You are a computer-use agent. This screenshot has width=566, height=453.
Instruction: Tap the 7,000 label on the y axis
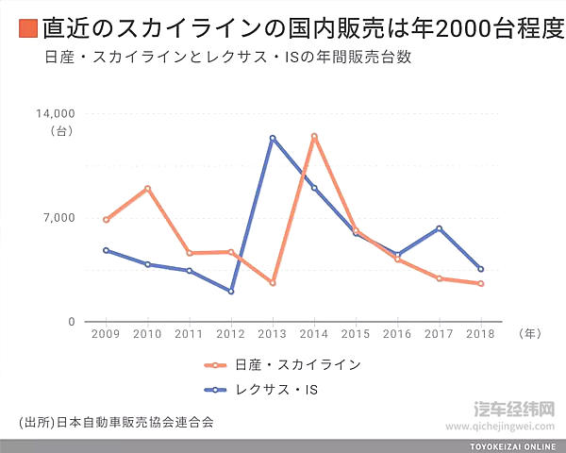click(x=59, y=218)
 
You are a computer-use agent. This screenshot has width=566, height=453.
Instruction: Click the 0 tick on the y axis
click(x=70, y=323)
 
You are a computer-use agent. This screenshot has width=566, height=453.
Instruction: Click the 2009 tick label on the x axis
click(x=106, y=334)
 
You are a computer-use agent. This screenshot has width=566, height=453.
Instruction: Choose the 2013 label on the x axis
click(x=272, y=334)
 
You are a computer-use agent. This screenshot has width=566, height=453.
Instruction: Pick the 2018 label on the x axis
click(x=480, y=334)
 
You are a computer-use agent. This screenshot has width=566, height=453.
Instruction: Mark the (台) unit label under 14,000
click(x=61, y=131)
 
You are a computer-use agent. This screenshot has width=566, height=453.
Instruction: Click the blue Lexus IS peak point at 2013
click(x=272, y=139)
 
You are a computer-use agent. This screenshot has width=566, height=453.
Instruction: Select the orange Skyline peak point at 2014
click(x=314, y=137)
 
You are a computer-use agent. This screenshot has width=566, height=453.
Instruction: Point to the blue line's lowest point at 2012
click(x=230, y=291)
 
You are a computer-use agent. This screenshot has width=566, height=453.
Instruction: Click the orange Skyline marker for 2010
click(x=147, y=189)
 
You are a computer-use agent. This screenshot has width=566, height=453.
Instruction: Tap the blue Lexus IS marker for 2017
click(x=439, y=228)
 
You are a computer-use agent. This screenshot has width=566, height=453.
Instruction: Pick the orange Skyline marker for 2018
click(x=480, y=283)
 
